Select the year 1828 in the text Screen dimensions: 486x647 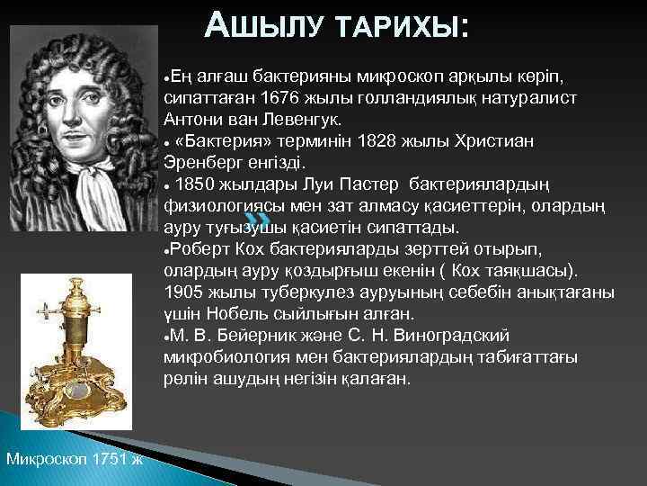[377, 140]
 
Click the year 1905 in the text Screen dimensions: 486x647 [185, 292]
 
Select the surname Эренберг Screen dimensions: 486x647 [204, 163]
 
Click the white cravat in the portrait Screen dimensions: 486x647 [90, 181]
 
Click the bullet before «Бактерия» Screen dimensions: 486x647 [168, 142]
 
